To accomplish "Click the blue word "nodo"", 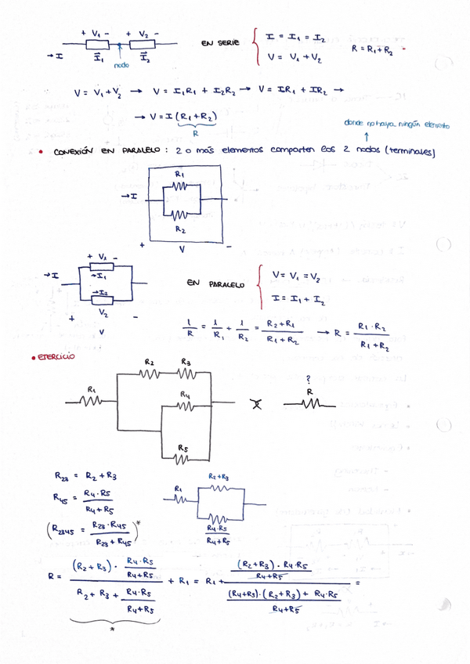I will pos(121,65).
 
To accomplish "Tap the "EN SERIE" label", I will pos(220,44).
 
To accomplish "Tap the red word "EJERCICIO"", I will pos(52,356).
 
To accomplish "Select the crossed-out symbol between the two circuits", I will pos(255,404).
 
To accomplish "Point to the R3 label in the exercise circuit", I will pos(186,361).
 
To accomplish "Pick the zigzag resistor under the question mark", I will pos(312,404).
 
